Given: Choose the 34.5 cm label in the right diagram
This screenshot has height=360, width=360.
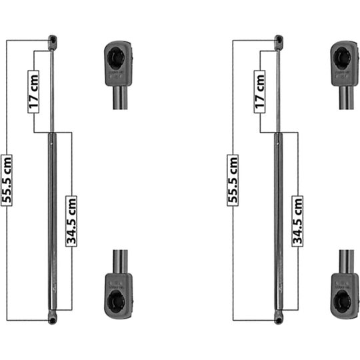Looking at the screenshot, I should coord(297,221).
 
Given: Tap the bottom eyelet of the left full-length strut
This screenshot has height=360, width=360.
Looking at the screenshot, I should coord(51,319).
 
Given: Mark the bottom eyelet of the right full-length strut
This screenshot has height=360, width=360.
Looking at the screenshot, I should coord(277,319).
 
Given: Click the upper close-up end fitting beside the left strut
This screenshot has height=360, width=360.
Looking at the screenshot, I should coord(118,67).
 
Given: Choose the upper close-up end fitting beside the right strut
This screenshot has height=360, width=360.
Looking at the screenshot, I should coord(344,67).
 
